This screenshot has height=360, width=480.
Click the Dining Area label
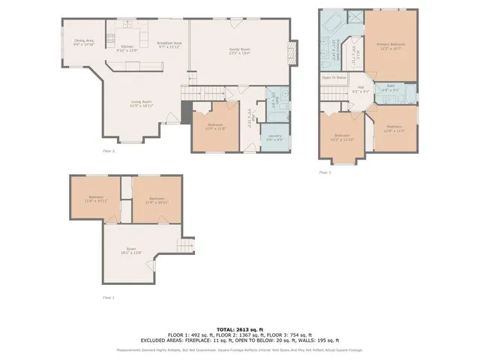(x=83, y=43)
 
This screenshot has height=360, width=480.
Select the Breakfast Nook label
(x=169, y=45)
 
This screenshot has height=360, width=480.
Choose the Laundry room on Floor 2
(x=275, y=137)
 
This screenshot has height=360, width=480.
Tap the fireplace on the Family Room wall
(x=294, y=52)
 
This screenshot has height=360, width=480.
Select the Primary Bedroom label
(x=391, y=46)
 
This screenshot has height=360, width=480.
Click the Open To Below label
(x=334, y=77)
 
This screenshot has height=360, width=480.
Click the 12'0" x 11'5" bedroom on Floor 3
(x=394, y=129)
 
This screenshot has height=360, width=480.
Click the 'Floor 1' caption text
(x=109, y=298)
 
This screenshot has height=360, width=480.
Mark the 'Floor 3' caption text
(x=325, y=172)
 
